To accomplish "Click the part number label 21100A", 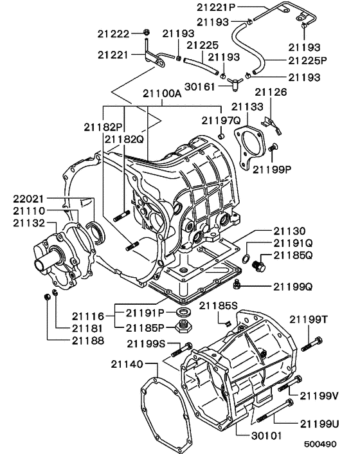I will [157, 93].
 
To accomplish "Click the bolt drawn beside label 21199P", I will [273, 149].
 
